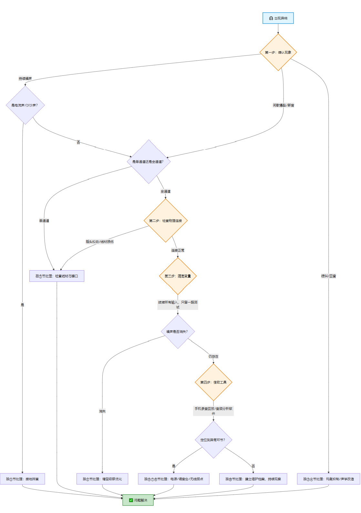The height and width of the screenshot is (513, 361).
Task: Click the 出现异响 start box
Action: tap(278, 18)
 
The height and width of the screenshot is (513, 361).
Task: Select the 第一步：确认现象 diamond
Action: tap(278, 52)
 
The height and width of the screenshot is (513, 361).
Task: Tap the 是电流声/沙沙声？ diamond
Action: tap(25, 105)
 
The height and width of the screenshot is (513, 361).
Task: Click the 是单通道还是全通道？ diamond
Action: tap(149, 162)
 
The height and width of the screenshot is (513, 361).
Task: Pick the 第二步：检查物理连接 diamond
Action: tap(166, 221)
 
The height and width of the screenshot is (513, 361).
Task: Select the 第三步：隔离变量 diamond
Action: tap(178, 276)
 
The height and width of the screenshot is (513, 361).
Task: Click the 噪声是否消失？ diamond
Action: tap(178, 331)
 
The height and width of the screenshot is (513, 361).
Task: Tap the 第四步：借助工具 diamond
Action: tap(213, 382)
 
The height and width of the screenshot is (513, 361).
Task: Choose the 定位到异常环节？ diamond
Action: tap(213, 440)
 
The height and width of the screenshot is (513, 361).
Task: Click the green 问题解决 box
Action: tap(138, 500)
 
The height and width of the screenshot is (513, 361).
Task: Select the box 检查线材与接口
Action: tap(57, 276)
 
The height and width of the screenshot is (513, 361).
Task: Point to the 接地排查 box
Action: tap(23, 479)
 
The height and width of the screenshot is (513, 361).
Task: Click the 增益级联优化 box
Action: tap(102, 479)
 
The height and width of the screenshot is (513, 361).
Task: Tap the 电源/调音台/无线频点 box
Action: tap(174, 479)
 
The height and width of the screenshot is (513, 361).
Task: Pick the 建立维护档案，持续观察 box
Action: tap(253, 479)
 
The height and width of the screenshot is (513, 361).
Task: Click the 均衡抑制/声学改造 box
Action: tap(329, 479)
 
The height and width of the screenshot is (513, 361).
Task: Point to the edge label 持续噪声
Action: tap(25, 79)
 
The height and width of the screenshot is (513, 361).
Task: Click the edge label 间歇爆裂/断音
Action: tap(284, 105)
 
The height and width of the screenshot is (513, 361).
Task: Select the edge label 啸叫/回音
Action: tap(329, 276)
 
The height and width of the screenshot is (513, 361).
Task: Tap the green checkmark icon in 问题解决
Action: tap(131, 500)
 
